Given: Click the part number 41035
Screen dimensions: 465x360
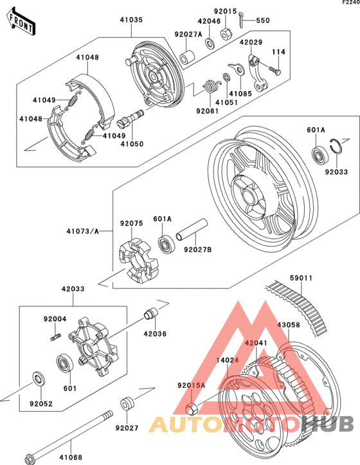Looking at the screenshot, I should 131,20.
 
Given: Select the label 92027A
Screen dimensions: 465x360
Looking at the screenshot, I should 188,34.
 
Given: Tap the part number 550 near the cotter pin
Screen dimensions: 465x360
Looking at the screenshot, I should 264,21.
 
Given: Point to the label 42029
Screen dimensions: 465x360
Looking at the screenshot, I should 251,42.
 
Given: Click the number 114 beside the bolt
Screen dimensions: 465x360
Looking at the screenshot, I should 278,52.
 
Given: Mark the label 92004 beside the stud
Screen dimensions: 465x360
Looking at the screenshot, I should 55,319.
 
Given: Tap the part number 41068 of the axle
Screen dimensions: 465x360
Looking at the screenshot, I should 71,457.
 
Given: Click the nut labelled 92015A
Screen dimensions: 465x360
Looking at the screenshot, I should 191,407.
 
